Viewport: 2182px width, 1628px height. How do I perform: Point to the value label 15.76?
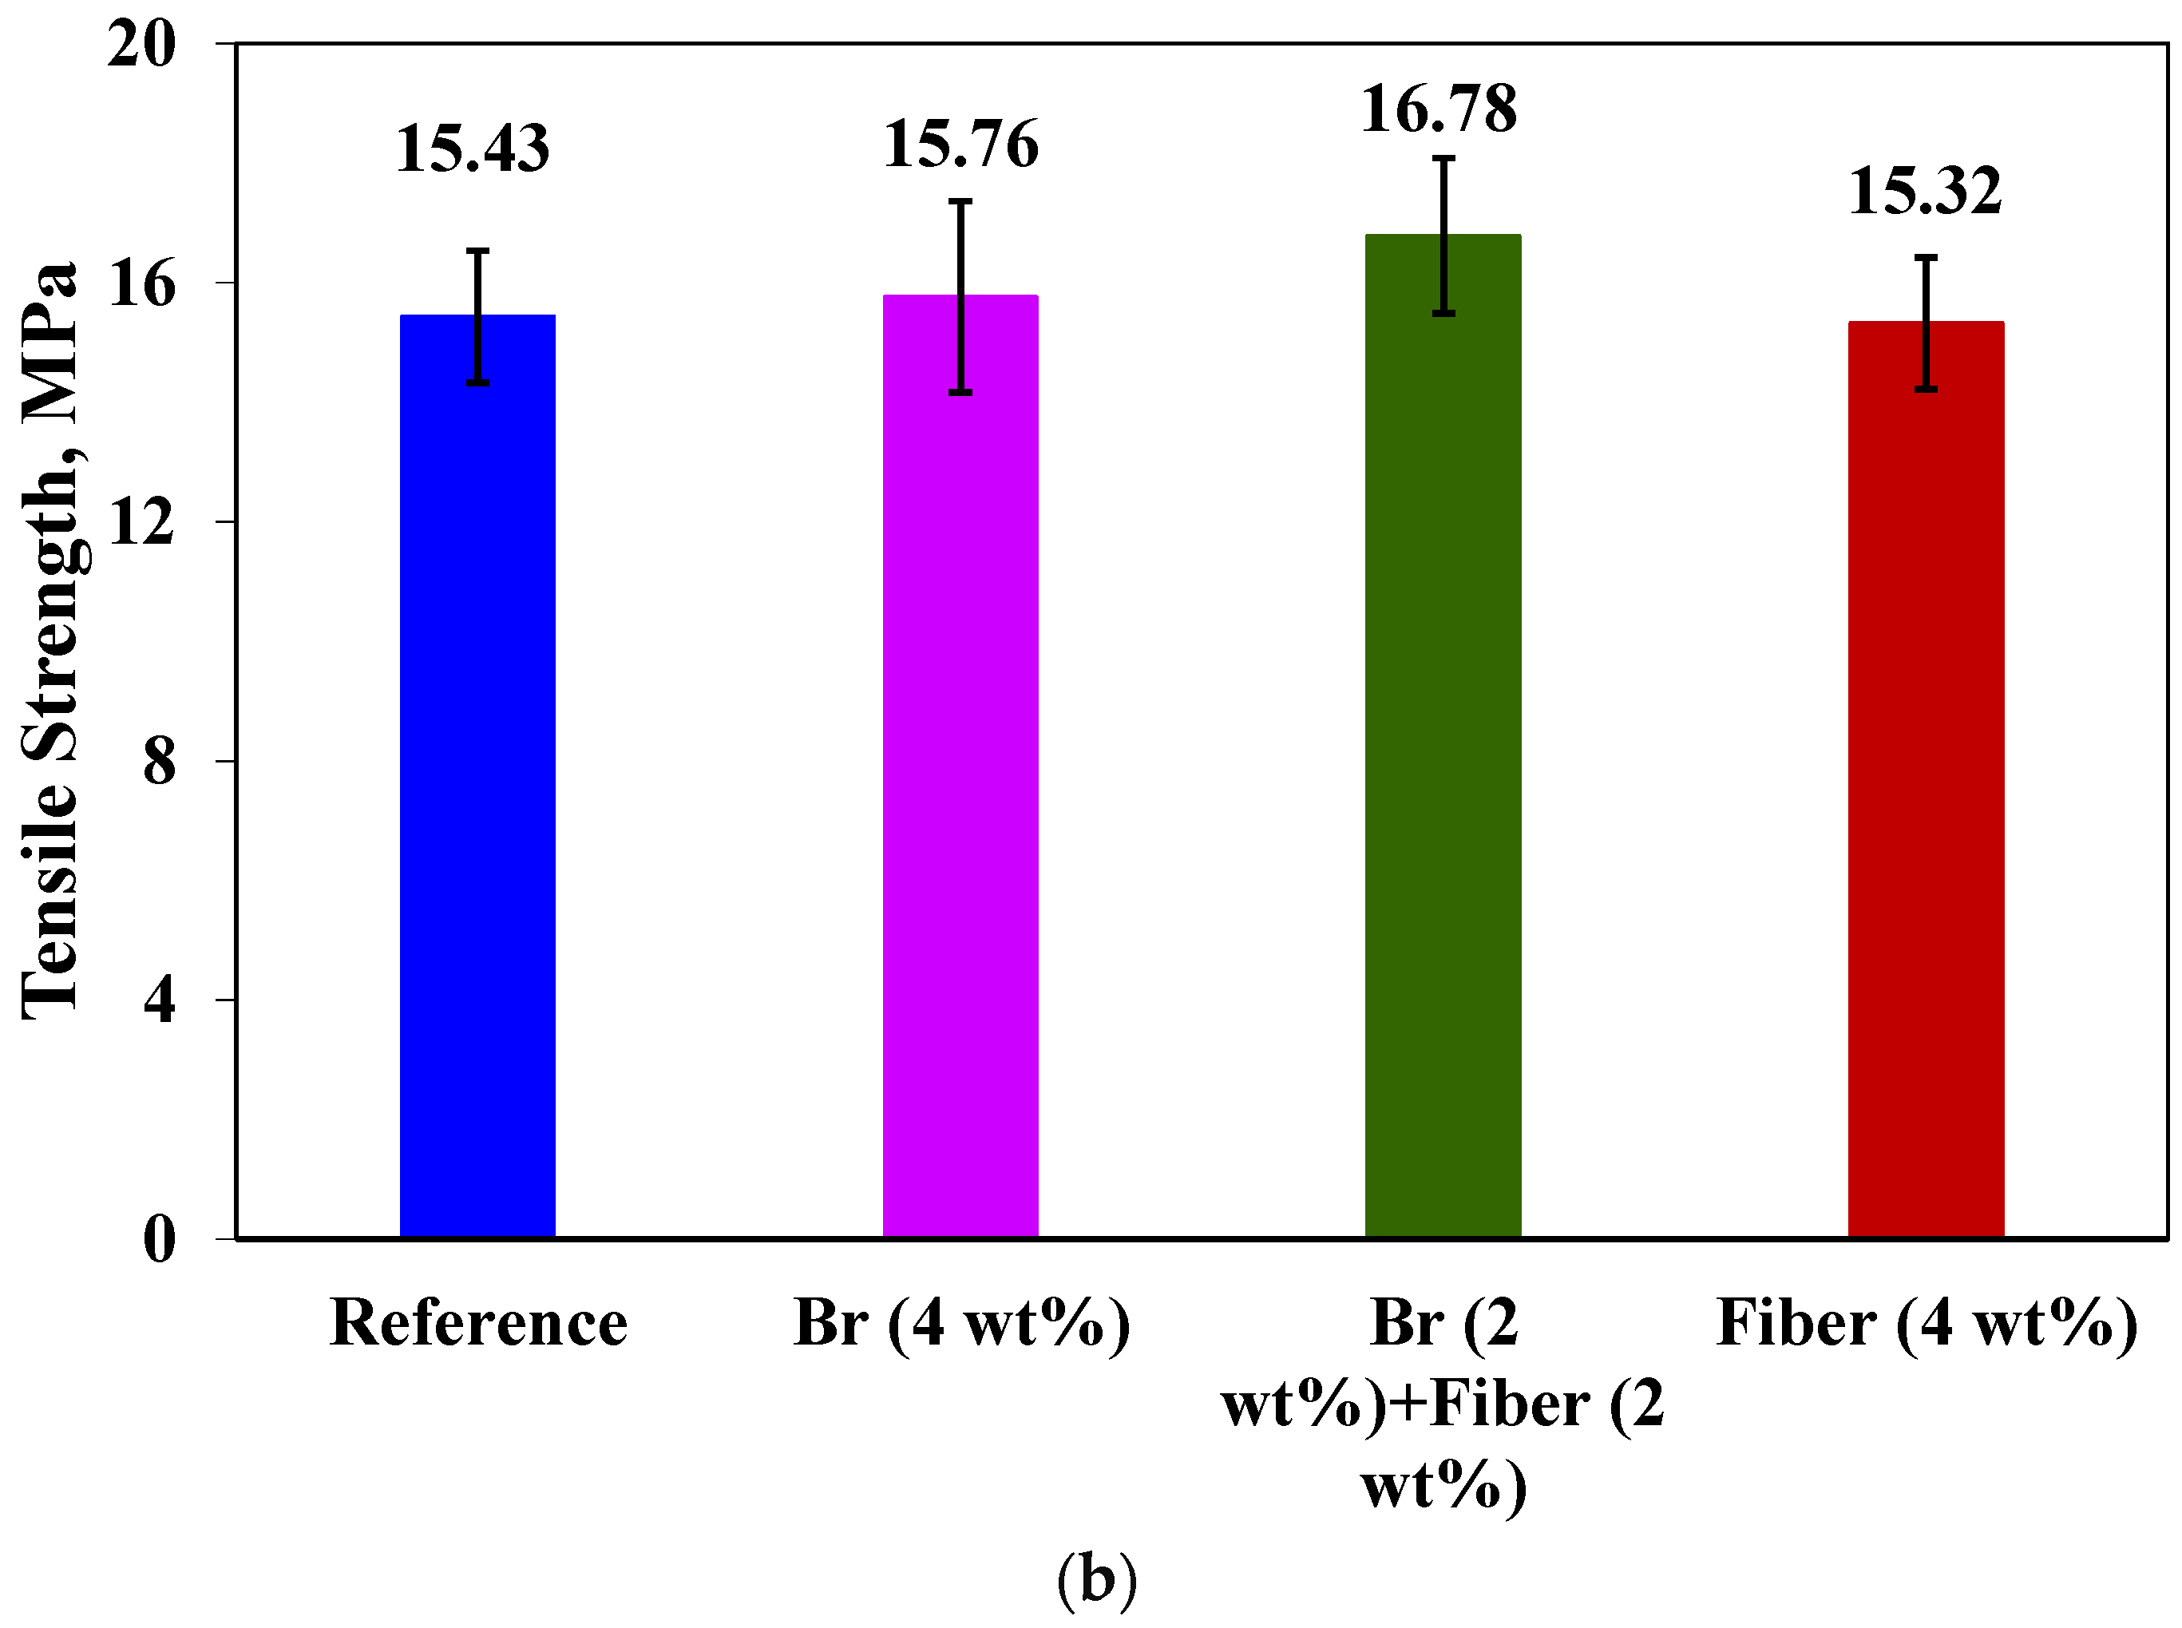961,144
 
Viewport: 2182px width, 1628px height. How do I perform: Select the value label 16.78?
1439,109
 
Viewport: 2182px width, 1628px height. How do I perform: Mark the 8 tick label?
159,762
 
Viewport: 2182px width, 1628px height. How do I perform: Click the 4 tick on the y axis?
159,1000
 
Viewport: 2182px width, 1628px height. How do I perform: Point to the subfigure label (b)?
1096,1578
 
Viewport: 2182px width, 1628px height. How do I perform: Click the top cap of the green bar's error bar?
1443,157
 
